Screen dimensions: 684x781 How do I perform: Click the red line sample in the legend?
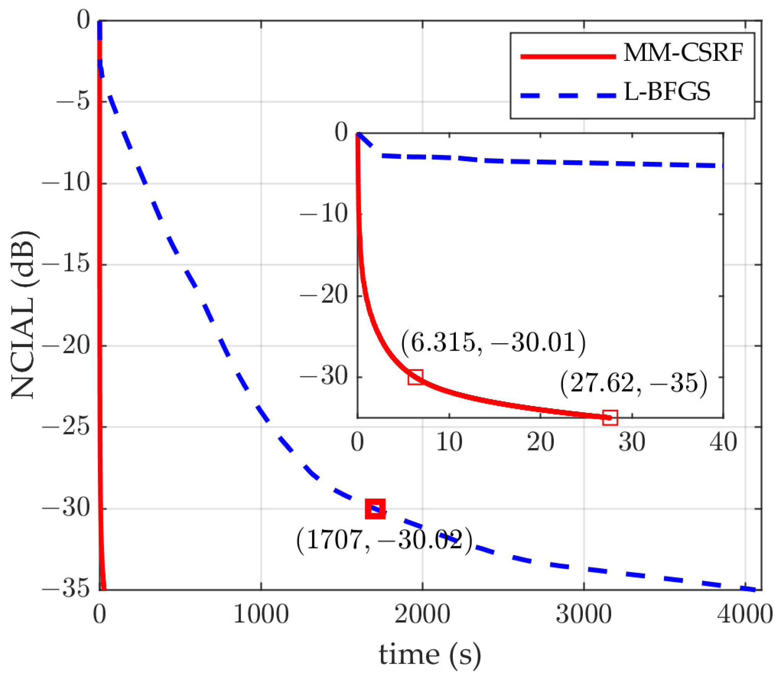tap(568, 56)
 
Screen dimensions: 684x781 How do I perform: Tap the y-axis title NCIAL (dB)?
tap(24, 315)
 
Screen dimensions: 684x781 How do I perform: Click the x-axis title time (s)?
tap(430, 655)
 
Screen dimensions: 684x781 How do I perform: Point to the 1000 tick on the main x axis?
tap(261, 615)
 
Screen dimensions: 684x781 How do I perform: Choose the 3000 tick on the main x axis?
tap(584, 615)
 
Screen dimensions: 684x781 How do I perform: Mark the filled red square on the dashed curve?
tap(375, 509)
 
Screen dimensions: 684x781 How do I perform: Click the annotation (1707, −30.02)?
tap(384, 540)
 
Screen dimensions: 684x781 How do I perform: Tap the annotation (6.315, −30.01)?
tap(493, 342)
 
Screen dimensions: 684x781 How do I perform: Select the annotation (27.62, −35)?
tap(633, 383)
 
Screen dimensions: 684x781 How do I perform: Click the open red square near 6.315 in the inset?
tap(415, 377)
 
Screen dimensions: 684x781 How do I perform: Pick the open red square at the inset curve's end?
tap(610, 417)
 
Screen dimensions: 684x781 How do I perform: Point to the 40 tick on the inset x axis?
tap(723, 442)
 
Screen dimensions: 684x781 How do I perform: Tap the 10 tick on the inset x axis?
tap(449, 442)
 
